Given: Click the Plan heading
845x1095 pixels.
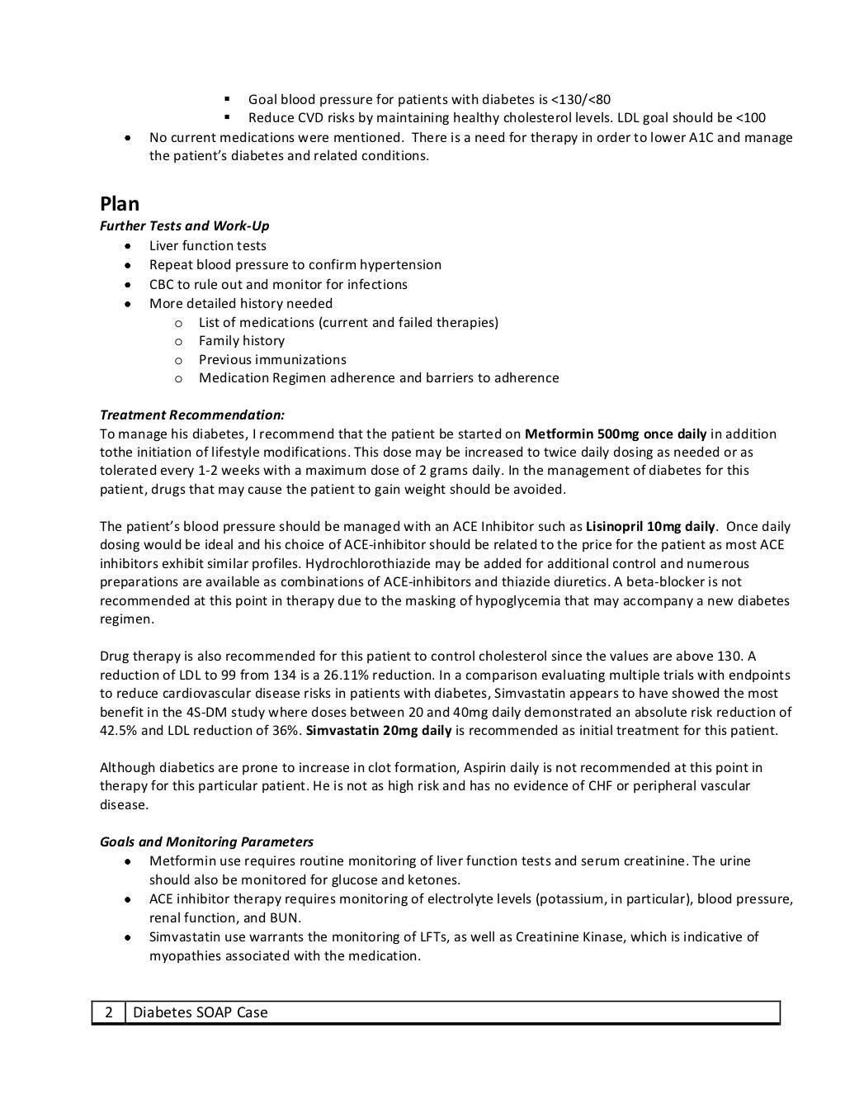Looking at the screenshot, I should click(x=120, y=204).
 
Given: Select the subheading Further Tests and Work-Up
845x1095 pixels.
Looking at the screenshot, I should click(x=184, y=226).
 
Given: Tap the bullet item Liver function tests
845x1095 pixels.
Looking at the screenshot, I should click(x=207, y=246).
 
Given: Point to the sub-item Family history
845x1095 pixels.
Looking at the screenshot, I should click(x=241, y=341).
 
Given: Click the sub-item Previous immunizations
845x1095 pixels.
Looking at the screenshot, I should click(x=272, y=360).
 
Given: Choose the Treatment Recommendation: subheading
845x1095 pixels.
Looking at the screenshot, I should click(x=192, y=415).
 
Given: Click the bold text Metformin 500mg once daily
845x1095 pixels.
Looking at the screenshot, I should click(x=616, y=434).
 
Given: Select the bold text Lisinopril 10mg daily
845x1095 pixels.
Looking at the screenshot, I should click(x=650, y=527).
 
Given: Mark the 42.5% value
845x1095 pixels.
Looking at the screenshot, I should click(x=118, y=731).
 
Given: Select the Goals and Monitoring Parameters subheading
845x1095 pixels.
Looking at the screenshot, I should click(x=206, y=842).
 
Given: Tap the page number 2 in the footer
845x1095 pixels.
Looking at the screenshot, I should click(x=108, y=1012).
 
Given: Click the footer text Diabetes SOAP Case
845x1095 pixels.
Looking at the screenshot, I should click(x=200, y=1012).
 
